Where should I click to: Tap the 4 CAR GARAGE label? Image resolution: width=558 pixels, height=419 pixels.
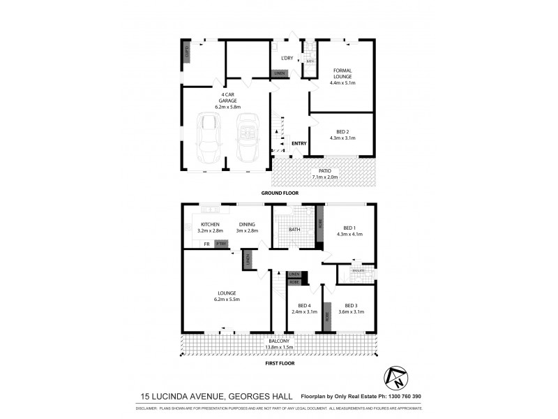227,101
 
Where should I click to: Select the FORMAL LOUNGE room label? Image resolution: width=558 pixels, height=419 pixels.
342,78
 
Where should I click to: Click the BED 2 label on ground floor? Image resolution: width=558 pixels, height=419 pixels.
342,134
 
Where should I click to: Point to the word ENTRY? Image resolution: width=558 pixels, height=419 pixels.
299,144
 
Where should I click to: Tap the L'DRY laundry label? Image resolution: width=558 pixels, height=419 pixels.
287,58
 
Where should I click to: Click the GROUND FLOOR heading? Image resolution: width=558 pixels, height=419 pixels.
280,192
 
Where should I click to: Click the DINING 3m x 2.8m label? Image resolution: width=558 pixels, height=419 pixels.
246,227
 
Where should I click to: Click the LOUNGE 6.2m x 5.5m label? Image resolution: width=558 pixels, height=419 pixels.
227,296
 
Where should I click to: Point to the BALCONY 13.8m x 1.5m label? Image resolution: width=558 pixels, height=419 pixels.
279,344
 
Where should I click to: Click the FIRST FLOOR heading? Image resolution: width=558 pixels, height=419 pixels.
280,363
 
